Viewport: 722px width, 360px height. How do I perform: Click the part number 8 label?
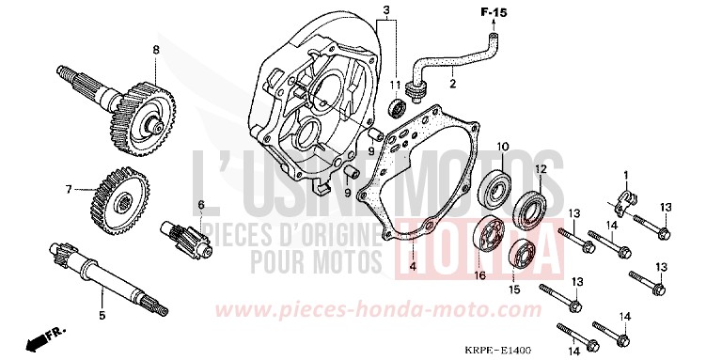click(x=156, y=49)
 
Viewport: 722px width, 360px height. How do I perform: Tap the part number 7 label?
click(x=68, y=189)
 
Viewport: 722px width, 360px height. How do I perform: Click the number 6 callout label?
click(x=200, y=205)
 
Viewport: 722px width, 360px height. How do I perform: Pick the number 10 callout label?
click(x=503, y=147)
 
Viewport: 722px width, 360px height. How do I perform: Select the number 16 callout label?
click(x=479, y=275)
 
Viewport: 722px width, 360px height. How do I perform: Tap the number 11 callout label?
click(x=396, y=86)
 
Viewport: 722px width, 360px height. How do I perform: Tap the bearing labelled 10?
click(x=496, y=191)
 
